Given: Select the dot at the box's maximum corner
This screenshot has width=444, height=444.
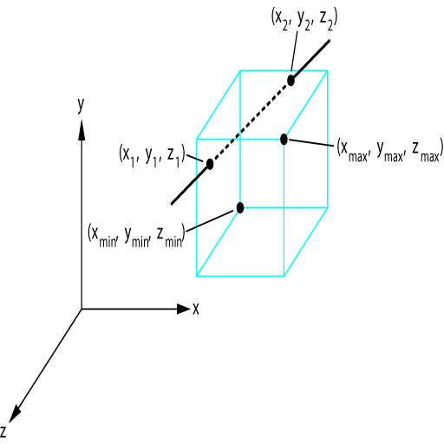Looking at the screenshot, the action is (284, 140).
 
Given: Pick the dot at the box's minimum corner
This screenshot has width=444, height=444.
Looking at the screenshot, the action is (240, 207).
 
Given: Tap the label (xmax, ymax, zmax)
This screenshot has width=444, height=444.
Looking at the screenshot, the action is (390, 150).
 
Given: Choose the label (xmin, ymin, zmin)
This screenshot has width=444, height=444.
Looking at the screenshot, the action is (136, 235).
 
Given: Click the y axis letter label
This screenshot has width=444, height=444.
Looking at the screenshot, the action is (81, 105).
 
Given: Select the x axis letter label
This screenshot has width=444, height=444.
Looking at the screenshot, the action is (196, 309).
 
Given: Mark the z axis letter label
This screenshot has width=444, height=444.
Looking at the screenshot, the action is (3, 431).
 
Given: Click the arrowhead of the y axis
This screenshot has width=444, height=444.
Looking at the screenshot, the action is (82, 130).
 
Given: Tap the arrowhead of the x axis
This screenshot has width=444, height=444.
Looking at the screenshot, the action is (183, 309).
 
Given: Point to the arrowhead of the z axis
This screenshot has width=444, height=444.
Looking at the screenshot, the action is (14, 415).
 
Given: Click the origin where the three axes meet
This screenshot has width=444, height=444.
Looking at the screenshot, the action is (82, 309).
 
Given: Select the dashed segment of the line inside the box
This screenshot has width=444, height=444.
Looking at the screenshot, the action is (251, 122).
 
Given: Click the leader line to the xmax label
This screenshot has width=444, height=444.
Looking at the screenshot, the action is (310, 142).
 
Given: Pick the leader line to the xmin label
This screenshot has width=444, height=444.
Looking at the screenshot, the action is (210, 221).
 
